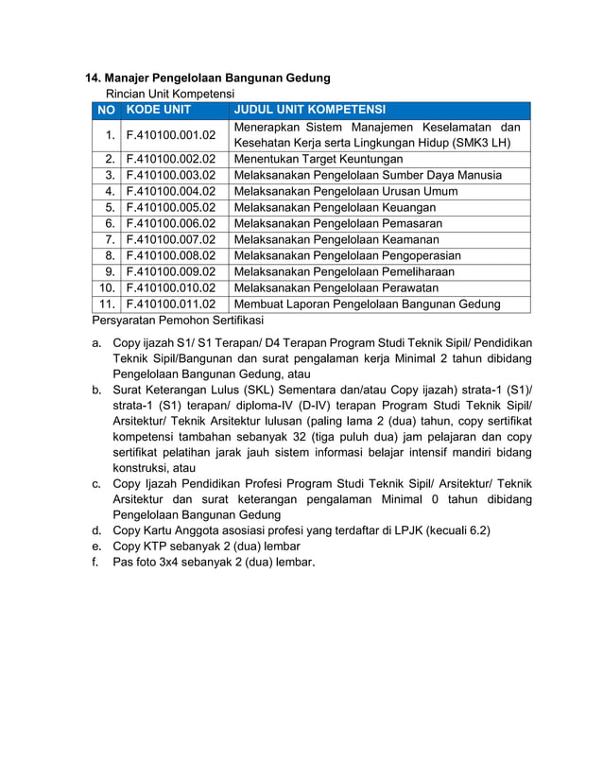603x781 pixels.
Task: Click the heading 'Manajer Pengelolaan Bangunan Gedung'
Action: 217,78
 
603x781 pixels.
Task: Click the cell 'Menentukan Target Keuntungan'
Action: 318,159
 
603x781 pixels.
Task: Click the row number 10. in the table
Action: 106,287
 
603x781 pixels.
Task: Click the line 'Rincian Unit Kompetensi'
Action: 169,94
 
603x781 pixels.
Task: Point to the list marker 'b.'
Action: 96,390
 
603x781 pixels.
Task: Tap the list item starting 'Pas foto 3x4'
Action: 214,563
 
